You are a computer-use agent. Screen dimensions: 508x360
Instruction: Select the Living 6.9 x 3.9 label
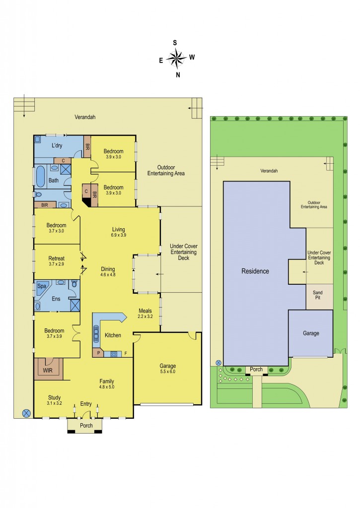pos(118,232)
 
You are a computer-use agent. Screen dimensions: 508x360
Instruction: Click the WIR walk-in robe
pos(48,370)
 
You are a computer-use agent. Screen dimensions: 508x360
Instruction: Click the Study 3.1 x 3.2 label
pos(54,400)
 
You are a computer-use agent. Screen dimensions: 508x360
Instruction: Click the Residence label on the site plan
pos(255,271)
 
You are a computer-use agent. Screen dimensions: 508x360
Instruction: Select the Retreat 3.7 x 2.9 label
pos(57,261)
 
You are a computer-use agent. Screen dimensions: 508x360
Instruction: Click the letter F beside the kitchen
pos(125,354)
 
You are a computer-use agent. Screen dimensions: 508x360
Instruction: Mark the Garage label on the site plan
pos(311,333)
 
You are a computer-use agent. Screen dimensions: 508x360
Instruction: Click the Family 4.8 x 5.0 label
pos(106,383)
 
